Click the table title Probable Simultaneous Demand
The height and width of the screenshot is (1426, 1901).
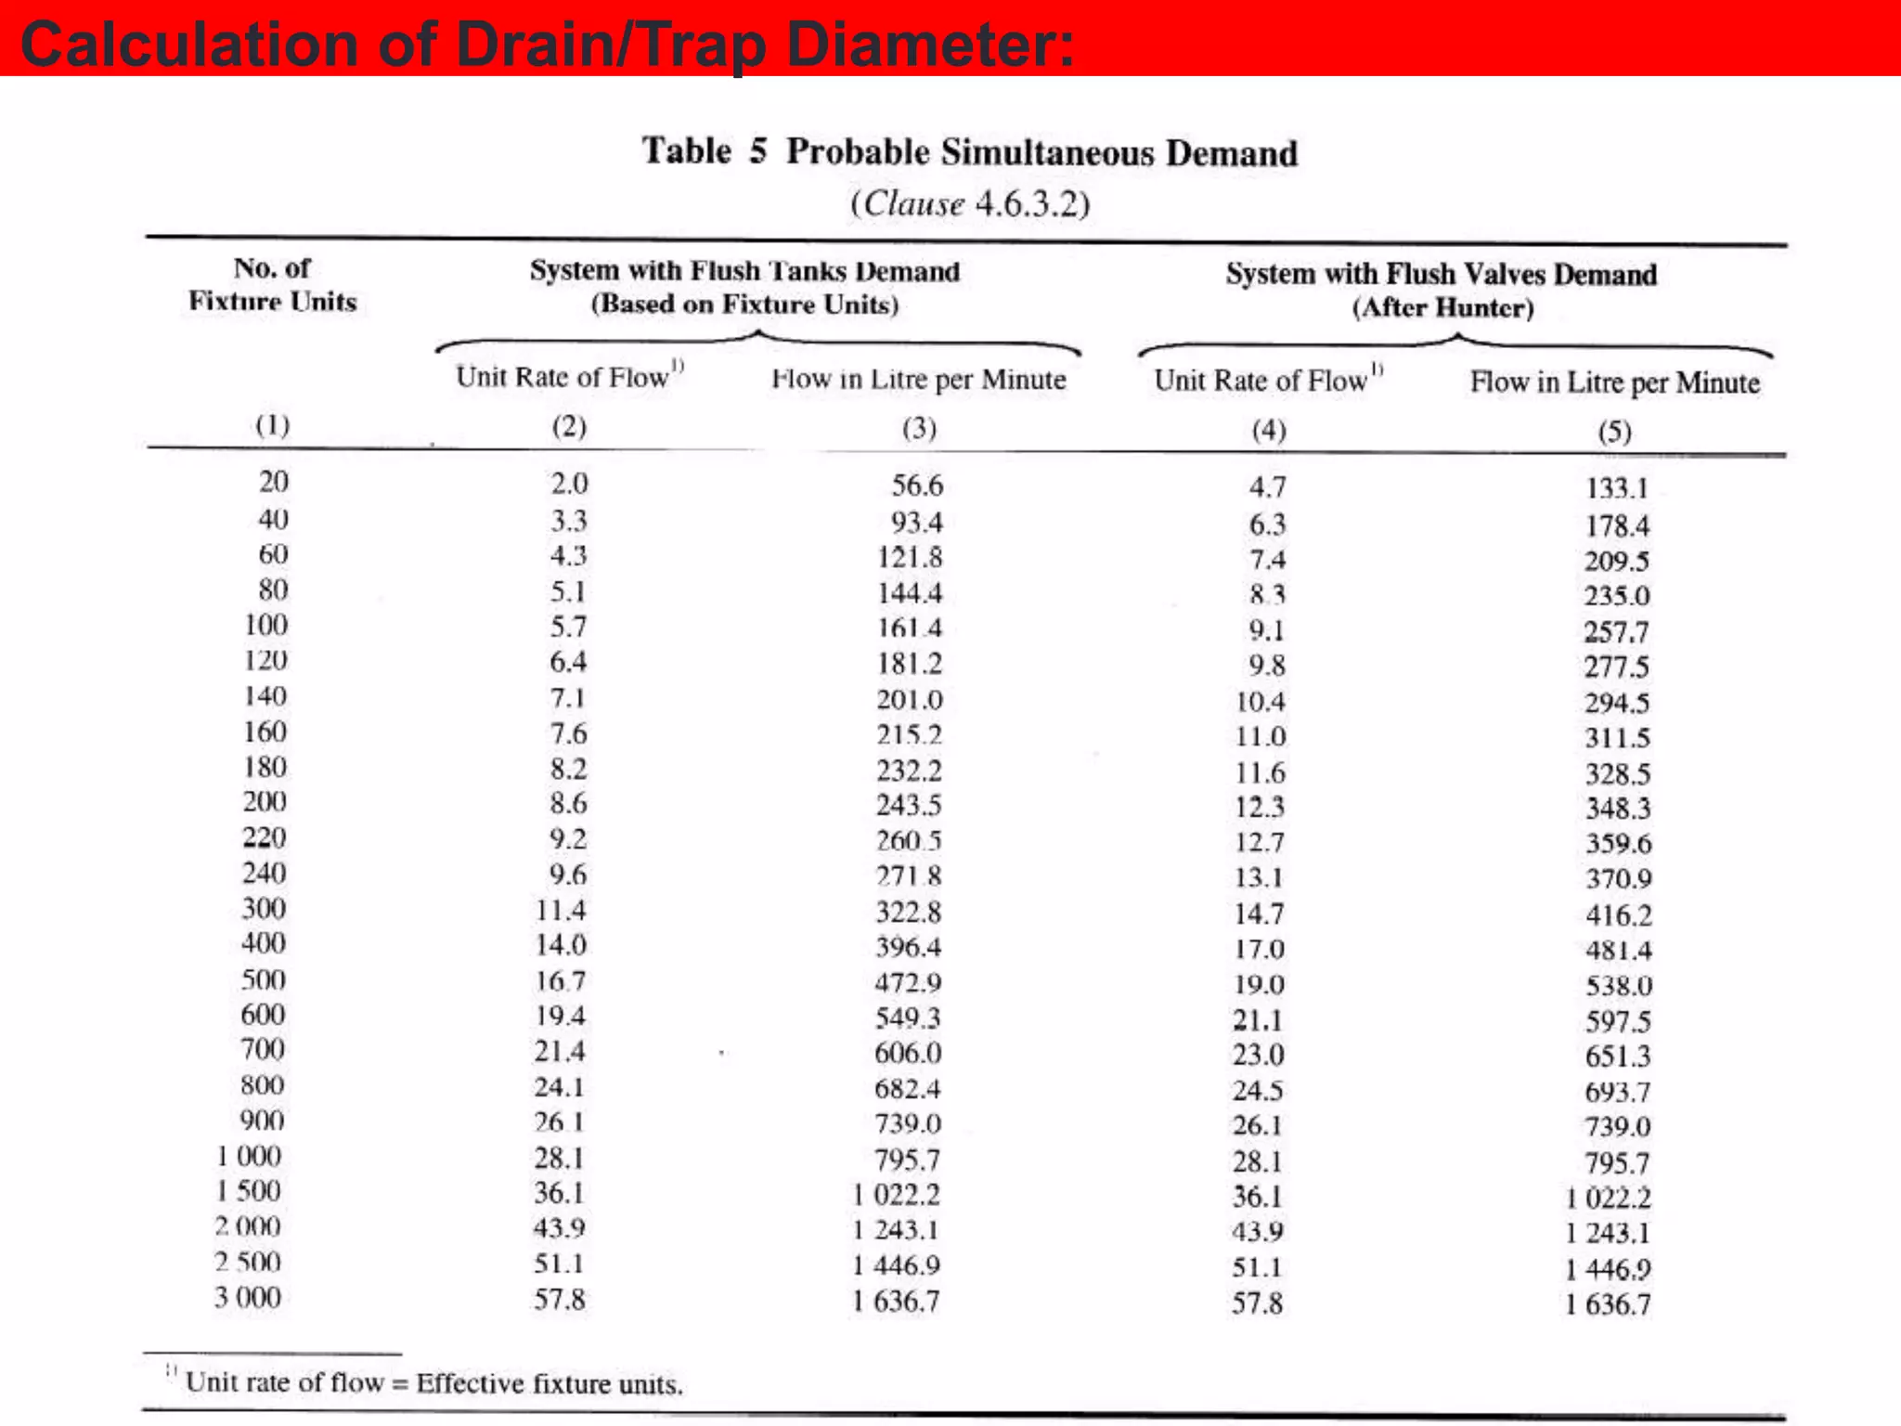click(x=1041, y=152)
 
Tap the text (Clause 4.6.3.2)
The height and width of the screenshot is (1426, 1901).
click(x=970, y=203)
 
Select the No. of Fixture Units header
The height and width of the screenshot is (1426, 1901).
click(x=273, y=284)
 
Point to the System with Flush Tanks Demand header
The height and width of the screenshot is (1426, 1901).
click(x=744, y=271)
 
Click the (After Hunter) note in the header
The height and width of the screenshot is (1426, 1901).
click(x=1442, y=307)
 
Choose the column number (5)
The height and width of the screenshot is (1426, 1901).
click(x=1614, y=431)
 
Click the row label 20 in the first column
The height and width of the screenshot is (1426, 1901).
click(x=273, y=481)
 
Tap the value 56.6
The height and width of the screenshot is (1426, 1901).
click(x=917, y=485)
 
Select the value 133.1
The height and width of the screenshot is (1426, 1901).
click(x=1616, y=488)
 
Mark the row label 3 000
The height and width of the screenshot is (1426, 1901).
click(x=248, y=1297)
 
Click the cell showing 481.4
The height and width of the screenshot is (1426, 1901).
click(x=1618, y=950)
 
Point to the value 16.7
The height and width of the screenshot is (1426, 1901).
click(x=561, y=980)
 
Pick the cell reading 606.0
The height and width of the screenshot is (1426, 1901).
click(x=908, y=1053)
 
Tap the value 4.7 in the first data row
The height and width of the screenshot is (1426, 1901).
click(x=1267, y=486)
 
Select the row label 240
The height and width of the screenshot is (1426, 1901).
click(x=265, y=873)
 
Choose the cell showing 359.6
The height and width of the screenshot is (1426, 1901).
click(x=1618, y=843)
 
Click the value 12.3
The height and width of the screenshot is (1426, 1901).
click(x=1260, y=807)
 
